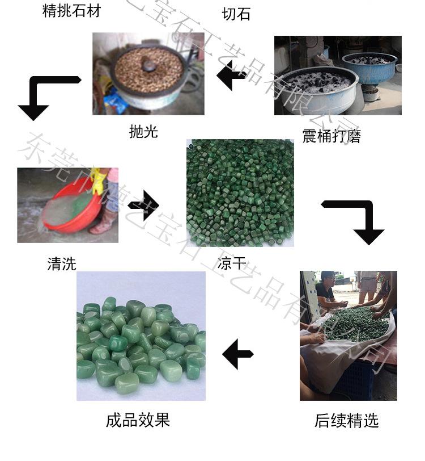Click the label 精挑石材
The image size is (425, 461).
tap(71, 10)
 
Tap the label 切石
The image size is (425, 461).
tap(236, 14)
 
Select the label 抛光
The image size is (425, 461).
tap(143, 132)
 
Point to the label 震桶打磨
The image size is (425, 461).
tap(331, 136)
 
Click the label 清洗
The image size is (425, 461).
tap(61, 263)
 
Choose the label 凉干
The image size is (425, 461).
tap(232, 263)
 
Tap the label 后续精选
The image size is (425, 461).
tap(346, 421)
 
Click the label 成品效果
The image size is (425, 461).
tap(138, 420)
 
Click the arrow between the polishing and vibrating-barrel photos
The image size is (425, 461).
tap(232, 78)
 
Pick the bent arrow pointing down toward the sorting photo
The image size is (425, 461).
tap(356, 220)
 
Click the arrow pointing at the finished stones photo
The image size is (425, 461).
tap(237, 355)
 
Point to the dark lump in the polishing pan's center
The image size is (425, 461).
tap(149, 66)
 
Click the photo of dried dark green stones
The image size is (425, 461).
tap(240, 192)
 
